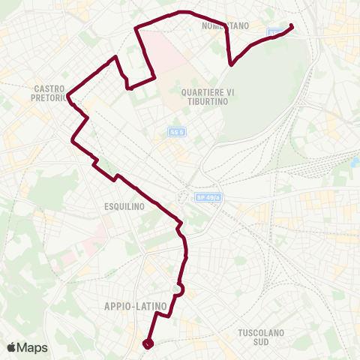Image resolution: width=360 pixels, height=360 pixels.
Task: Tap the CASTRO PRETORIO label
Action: pos(51,93)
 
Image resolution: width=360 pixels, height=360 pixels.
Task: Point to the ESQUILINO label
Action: pos(121,204)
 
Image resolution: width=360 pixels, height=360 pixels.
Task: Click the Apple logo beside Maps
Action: pos(12,347)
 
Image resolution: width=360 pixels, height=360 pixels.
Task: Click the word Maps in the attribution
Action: pos(33,347)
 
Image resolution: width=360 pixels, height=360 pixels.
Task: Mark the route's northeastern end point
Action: pos(291,27)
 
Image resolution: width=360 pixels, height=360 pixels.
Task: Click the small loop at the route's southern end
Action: pos(147,343)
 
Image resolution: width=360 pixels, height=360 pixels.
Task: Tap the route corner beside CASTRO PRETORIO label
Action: pos(69,96)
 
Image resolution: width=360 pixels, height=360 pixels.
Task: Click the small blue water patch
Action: pos(355,161)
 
